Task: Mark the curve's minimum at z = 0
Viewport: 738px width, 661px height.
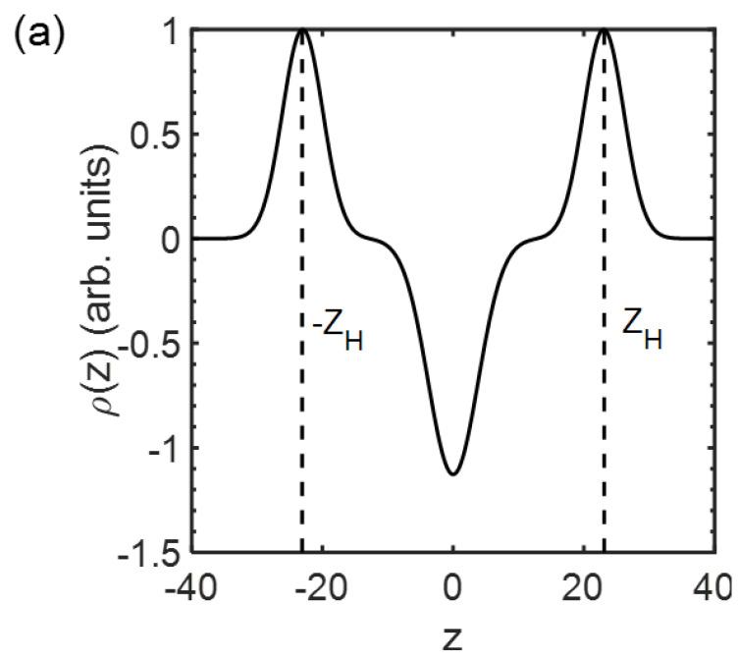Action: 452,474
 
